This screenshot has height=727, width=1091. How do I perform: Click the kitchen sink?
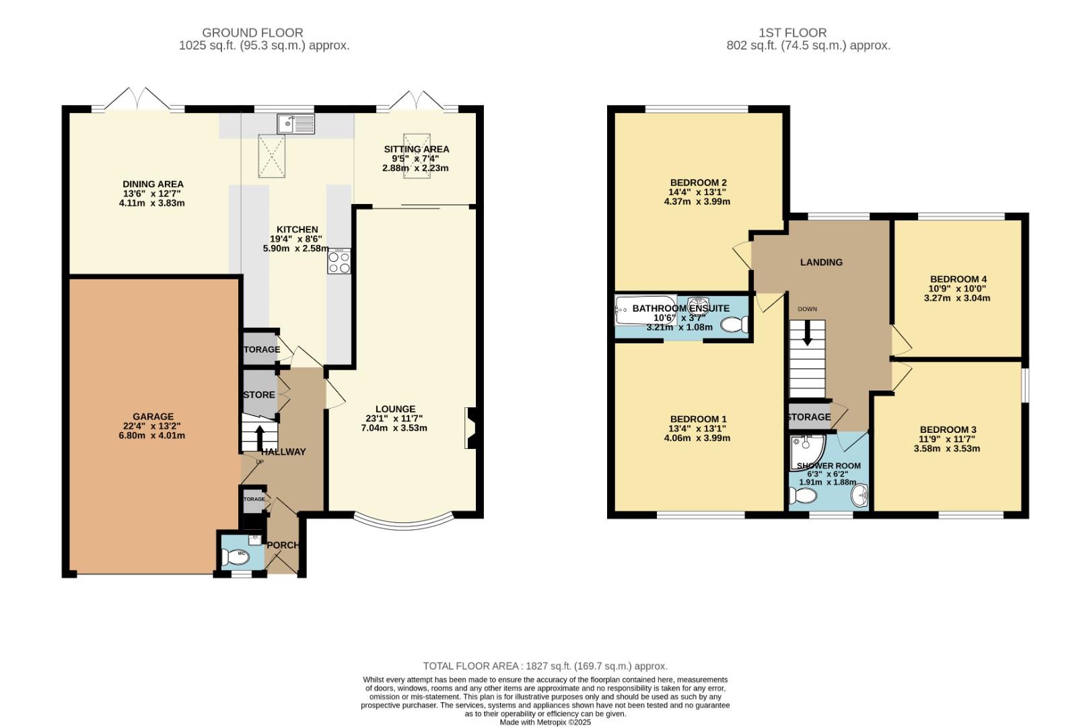pyautogui.click(x=295, y=124)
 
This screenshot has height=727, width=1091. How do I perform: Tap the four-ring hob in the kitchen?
pyautogui.click(x=339, y=261)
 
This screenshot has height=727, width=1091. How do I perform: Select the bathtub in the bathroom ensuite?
pyautogui.click(x=646, y=310)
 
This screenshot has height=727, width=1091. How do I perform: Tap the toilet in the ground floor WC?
pyautogui.click(x=236, y=557)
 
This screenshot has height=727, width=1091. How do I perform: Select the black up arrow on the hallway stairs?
pyautogui.click(x=260, y=436)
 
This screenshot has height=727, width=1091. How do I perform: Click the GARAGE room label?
pyautogui.click(x=153, y=417)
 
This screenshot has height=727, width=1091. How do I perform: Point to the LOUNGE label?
pyautogui.click(x=395, y=409)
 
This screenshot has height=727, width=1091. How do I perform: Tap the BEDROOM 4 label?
pyautogui.click(x=958, y=279)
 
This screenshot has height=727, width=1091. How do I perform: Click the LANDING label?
pyautogui.click(x=821, y=262)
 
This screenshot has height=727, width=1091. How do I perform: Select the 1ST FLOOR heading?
pyautogui.click(x=792, y=32)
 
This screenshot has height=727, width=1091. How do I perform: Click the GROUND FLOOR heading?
pyautogui.click(x=252, y=32)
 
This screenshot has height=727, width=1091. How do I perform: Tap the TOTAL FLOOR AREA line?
pyautogui.click(x=545, y=666)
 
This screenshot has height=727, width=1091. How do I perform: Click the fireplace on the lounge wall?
pyautogui.click(x=470, y=428)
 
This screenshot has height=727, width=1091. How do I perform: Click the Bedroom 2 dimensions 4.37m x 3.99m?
pyautogui.click(x=697, y=201)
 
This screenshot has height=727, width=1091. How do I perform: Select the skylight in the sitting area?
pyautogui.click(x=417, y=156)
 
